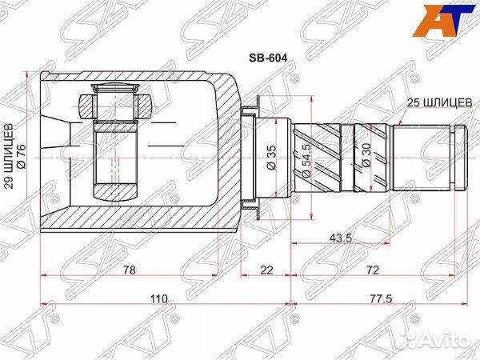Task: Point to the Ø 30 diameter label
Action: point(365,152)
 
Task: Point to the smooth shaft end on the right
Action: point(432,155)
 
